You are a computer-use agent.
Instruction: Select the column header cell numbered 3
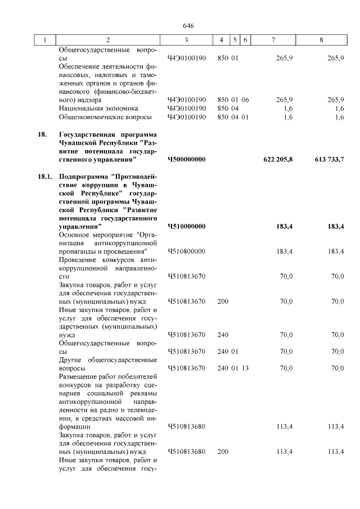pos(186,40)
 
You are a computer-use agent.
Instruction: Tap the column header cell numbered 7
pos(273,40)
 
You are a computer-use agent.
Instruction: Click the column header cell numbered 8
pos(321,40)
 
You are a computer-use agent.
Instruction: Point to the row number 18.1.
pos(45,177)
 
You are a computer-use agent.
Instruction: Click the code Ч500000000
pos(186,160)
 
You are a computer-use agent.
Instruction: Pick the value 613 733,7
pos(329,160)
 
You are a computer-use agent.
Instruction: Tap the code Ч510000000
pos(186,226)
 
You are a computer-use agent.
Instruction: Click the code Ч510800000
pos(186,251)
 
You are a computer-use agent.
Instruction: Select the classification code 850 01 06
pos(233,99)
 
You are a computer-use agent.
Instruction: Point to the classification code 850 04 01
pos(233,117)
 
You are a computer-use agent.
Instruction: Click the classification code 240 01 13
pos(233,368)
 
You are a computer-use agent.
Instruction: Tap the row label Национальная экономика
pos(98,108)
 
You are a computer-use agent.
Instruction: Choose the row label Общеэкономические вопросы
pos(105,117)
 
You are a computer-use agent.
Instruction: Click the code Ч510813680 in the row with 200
pos(186,451)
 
